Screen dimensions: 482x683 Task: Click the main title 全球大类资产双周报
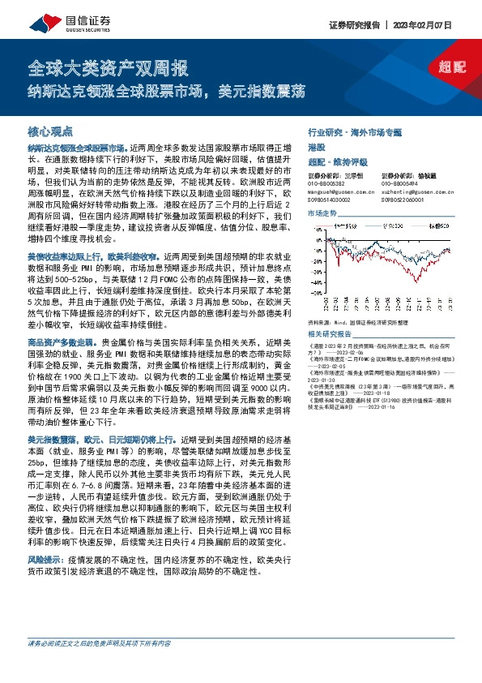(x=107, y=67)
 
